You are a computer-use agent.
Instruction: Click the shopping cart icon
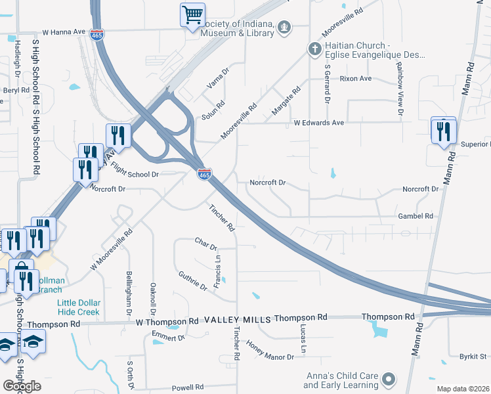(192, 14)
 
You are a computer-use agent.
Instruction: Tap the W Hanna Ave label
(64, 31)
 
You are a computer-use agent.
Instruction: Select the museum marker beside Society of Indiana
(284, 27)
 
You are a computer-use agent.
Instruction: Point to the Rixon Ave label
(356, 78)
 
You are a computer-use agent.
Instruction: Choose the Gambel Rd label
(416, 215)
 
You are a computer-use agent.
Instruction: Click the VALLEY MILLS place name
(238, 318)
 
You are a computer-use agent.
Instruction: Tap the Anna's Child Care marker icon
(389, 380)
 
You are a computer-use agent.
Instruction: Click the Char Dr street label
(206, 244)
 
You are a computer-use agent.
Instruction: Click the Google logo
(22, 386)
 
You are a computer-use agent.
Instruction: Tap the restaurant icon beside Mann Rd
(444, 131)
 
